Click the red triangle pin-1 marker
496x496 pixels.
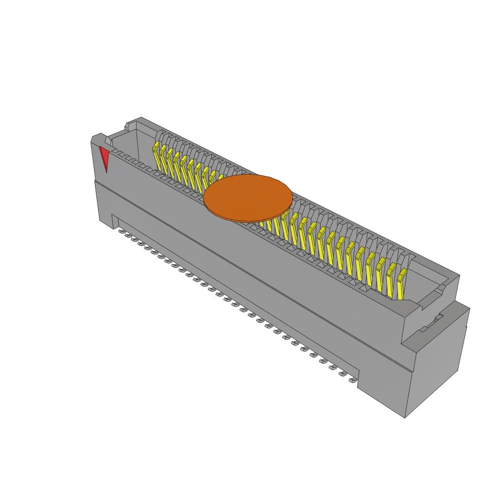pos(104,157)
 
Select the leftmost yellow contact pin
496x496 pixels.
pos(156,155)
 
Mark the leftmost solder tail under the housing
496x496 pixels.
pos(122,231)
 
